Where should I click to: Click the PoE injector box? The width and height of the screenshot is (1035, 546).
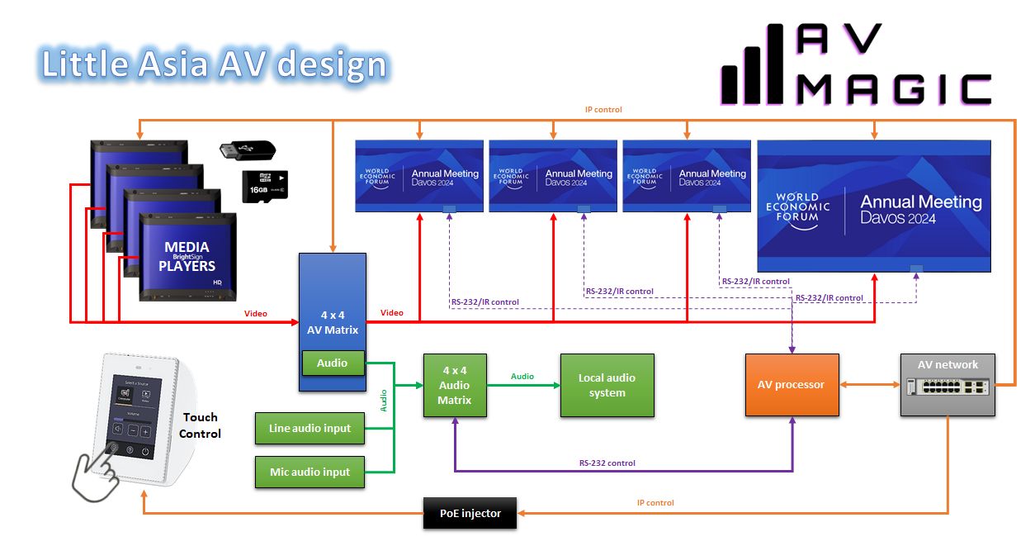pos(470,513)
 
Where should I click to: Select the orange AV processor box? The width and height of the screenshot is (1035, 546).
pos(792,385)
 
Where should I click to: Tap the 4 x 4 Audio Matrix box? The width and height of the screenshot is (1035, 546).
pos(454,385)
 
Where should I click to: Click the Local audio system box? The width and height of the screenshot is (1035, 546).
pos(607,385)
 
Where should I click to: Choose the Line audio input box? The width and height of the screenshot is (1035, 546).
pos(310,428)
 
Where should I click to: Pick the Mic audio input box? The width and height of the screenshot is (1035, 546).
pos(310,472)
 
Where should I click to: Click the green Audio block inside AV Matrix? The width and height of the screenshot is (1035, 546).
pos(332,363)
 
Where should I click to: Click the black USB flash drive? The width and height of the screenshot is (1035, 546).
pos(247,151)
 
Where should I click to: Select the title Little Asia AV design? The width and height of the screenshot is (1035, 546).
pos(214,64)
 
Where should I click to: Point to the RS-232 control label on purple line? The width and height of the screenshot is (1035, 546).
pos(607,463)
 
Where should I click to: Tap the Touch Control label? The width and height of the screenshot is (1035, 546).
pos(201,425)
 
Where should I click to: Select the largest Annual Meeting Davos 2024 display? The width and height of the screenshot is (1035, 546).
pos(873,206)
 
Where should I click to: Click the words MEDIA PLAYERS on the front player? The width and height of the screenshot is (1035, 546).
pos(187,256)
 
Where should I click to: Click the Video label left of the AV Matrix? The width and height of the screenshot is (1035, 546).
pos(256,313)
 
